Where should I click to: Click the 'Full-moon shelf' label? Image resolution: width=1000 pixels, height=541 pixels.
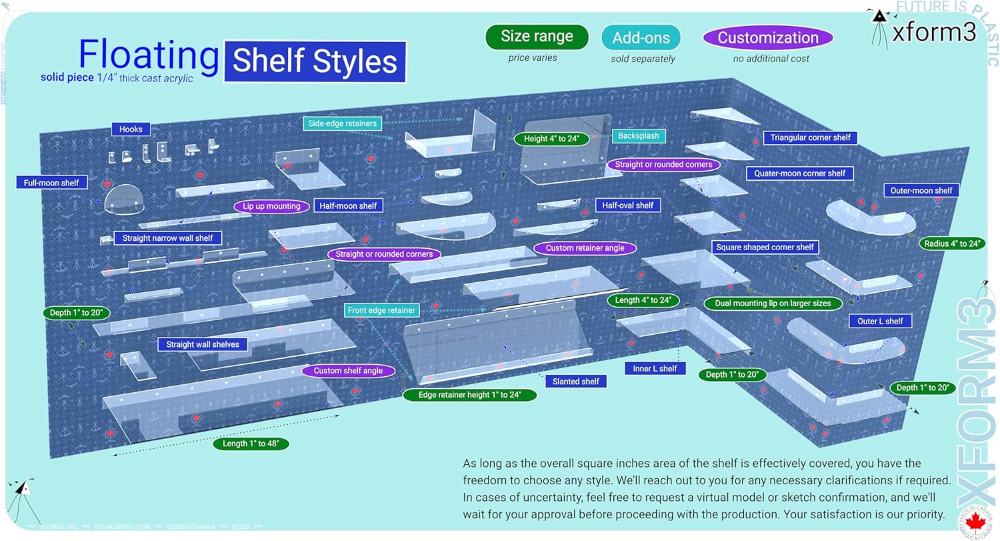pyautogui.click(x=51, y=183)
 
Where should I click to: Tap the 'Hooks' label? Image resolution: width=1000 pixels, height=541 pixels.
pyautogui.click(x=131, y=129)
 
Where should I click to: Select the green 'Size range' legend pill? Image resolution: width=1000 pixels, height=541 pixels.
pyautogui.click(x=537, y=37)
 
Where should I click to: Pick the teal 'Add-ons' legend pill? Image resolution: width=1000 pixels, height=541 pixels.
pyautogui.click(x=641, y=38)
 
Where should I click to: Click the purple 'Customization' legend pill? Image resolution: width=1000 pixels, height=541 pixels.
pyautogui.click(x=768, y=38)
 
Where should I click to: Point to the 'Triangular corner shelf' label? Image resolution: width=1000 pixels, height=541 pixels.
pyautogui.click(x=810, y=138)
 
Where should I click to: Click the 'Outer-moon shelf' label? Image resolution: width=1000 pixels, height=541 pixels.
pyautogui.click(x=921, y=191)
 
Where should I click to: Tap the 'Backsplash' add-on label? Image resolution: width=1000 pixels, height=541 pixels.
pyautogui.click(x=638, y=136)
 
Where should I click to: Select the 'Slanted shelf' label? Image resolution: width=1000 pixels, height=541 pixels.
pyautogui.click(x=576, y=382)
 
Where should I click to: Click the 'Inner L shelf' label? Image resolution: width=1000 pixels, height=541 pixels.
pyautogui.click(x=655, y=368)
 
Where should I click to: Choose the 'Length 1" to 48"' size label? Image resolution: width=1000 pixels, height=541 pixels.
pyautogui.click(x=251, y=444)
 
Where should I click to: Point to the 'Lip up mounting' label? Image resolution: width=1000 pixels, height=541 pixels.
pyautogui.click(x=271, y=207)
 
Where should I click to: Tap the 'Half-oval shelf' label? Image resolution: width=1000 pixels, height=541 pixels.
pyautogui.click(x=627, y=205)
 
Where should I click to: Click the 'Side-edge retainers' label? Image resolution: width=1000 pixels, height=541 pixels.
pyautogui.click(x=342, y=123)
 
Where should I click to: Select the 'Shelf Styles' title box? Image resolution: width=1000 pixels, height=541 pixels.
pyautogui.click(x=315, y=62)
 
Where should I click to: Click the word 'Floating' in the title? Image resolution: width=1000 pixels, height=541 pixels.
pyautogui.click(x=149, y=54)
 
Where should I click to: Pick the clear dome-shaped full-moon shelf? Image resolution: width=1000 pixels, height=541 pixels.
pyautogui.click(x=124, y=200)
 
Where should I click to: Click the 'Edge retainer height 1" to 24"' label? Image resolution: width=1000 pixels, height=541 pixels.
pyautogui.click(x=469, y=395)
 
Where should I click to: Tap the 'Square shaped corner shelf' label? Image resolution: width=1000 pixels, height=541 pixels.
pyautogui.click(x=765, y=247)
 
